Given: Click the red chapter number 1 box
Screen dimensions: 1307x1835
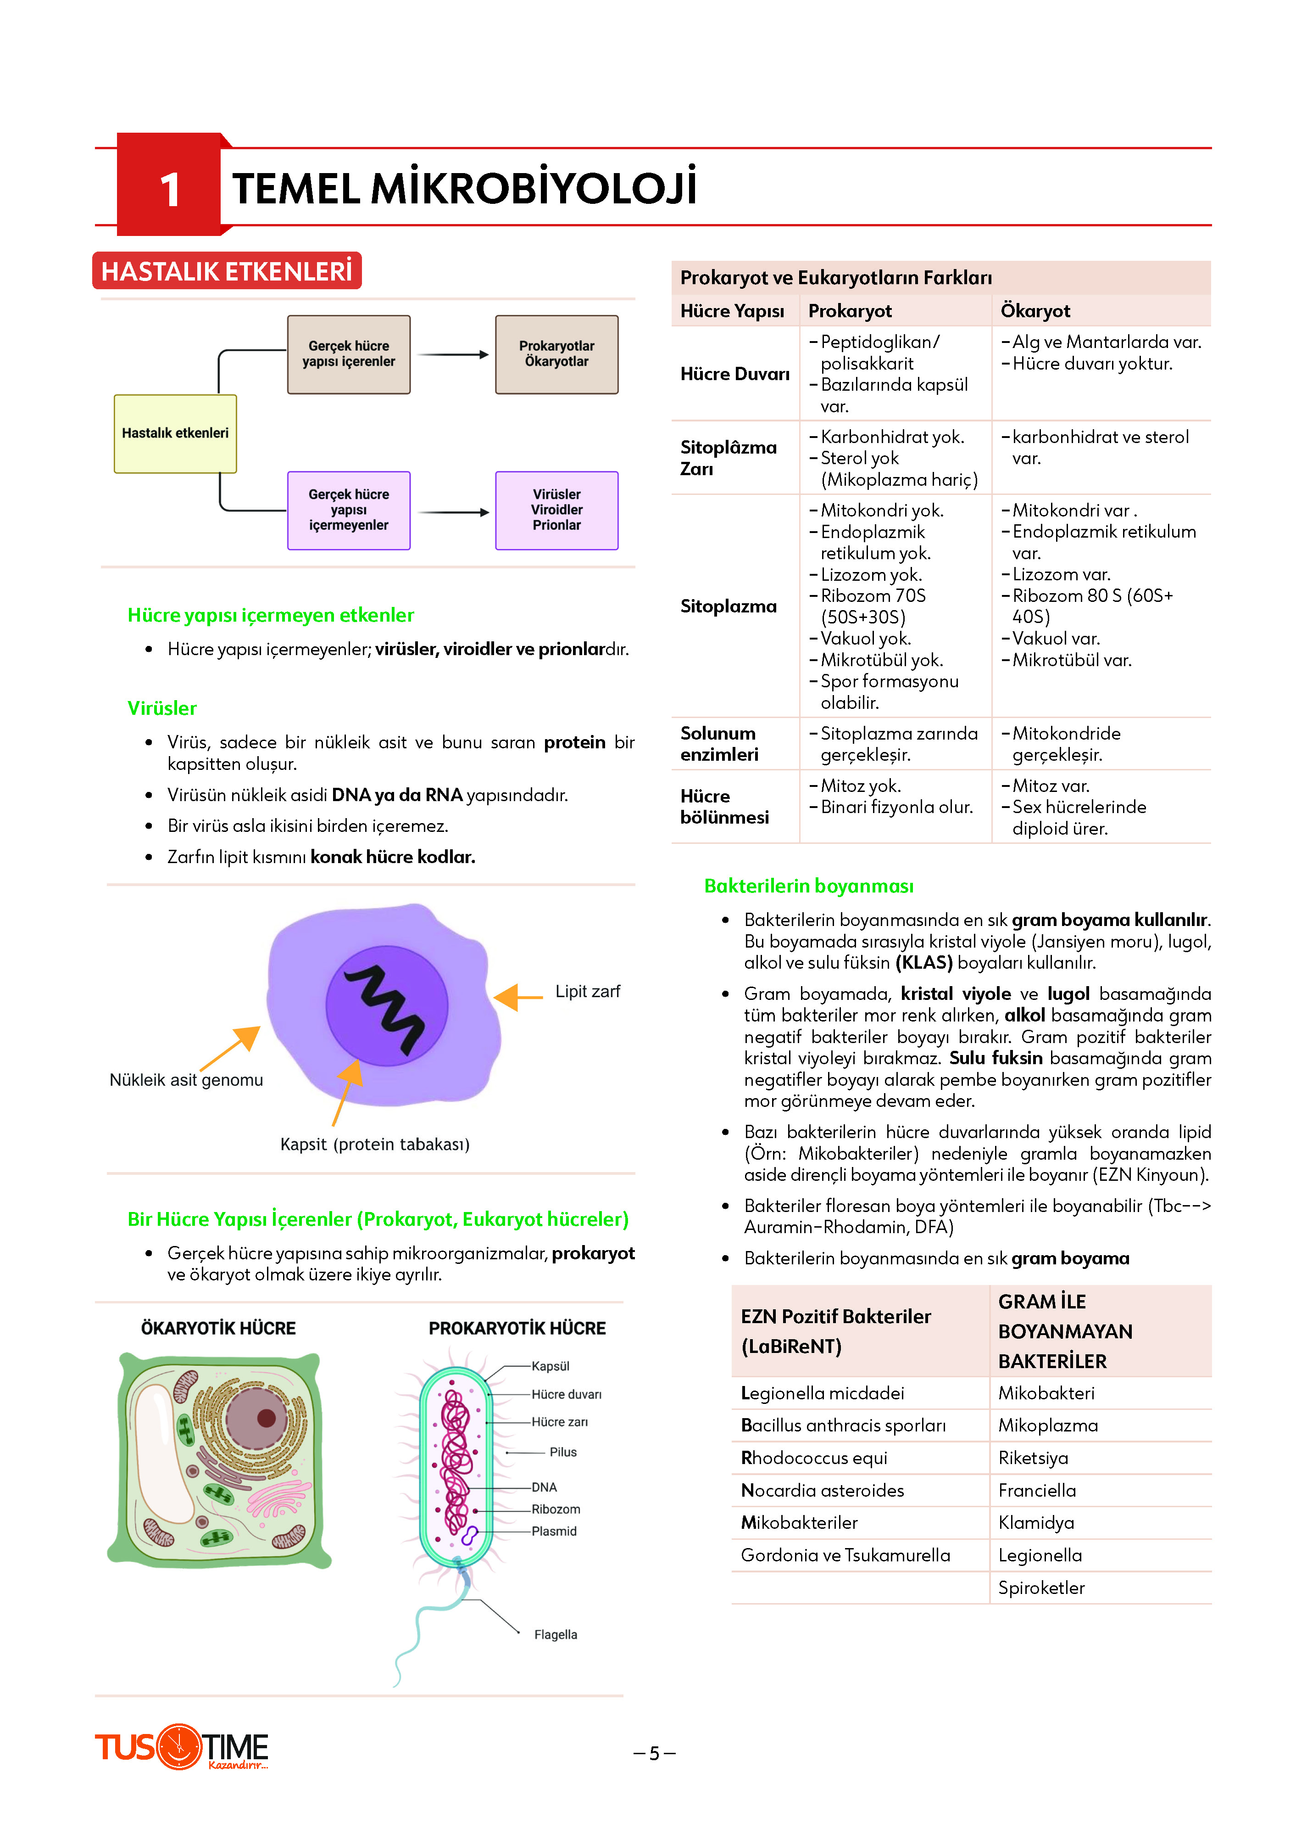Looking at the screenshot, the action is click(x=168, y=185).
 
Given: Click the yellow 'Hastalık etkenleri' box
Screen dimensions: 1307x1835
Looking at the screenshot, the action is click(x=175, y=433).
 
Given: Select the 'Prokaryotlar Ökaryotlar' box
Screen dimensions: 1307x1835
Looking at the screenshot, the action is click(x=557, y=354).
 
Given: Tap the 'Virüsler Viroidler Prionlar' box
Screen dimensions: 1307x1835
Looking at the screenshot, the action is click(x=557, y=511).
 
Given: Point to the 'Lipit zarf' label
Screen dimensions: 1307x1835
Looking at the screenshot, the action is click(x=588, y=991).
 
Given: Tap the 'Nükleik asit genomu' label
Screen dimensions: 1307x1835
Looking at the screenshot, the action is click(x=186, y=1080).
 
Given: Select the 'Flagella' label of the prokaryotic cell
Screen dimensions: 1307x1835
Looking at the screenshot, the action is click(x=555, y=1634).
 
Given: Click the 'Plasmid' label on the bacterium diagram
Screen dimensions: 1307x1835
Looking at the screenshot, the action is click(x=554, y=1531).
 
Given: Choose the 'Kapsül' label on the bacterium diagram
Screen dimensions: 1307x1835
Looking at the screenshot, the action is click(x=551, y=1366).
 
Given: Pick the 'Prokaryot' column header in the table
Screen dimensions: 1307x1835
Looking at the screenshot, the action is click(x=850, y=311).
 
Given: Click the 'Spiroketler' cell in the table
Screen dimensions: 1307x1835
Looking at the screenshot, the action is click(x=1041, y=1588).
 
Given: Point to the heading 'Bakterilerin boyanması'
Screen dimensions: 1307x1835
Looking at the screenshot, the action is click(x=809, y=886).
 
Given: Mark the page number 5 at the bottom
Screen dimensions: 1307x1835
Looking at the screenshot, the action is click(x=654, y=1753).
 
